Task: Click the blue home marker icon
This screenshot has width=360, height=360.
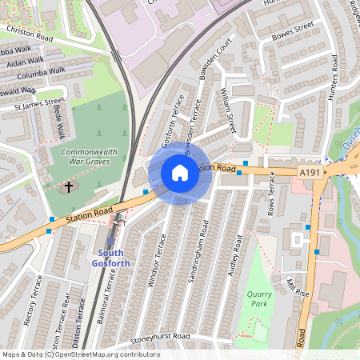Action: click(x=179, y=172)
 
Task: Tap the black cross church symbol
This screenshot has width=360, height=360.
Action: click(x=68, y=187)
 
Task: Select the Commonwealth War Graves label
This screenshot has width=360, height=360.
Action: click(x=90, y=158)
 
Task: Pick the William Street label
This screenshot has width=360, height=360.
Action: click(x=228, y=111)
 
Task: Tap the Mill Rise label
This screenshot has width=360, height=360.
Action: click(x=297, y=286)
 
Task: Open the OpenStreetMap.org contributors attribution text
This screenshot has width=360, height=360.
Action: click(x=107, y=354)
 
